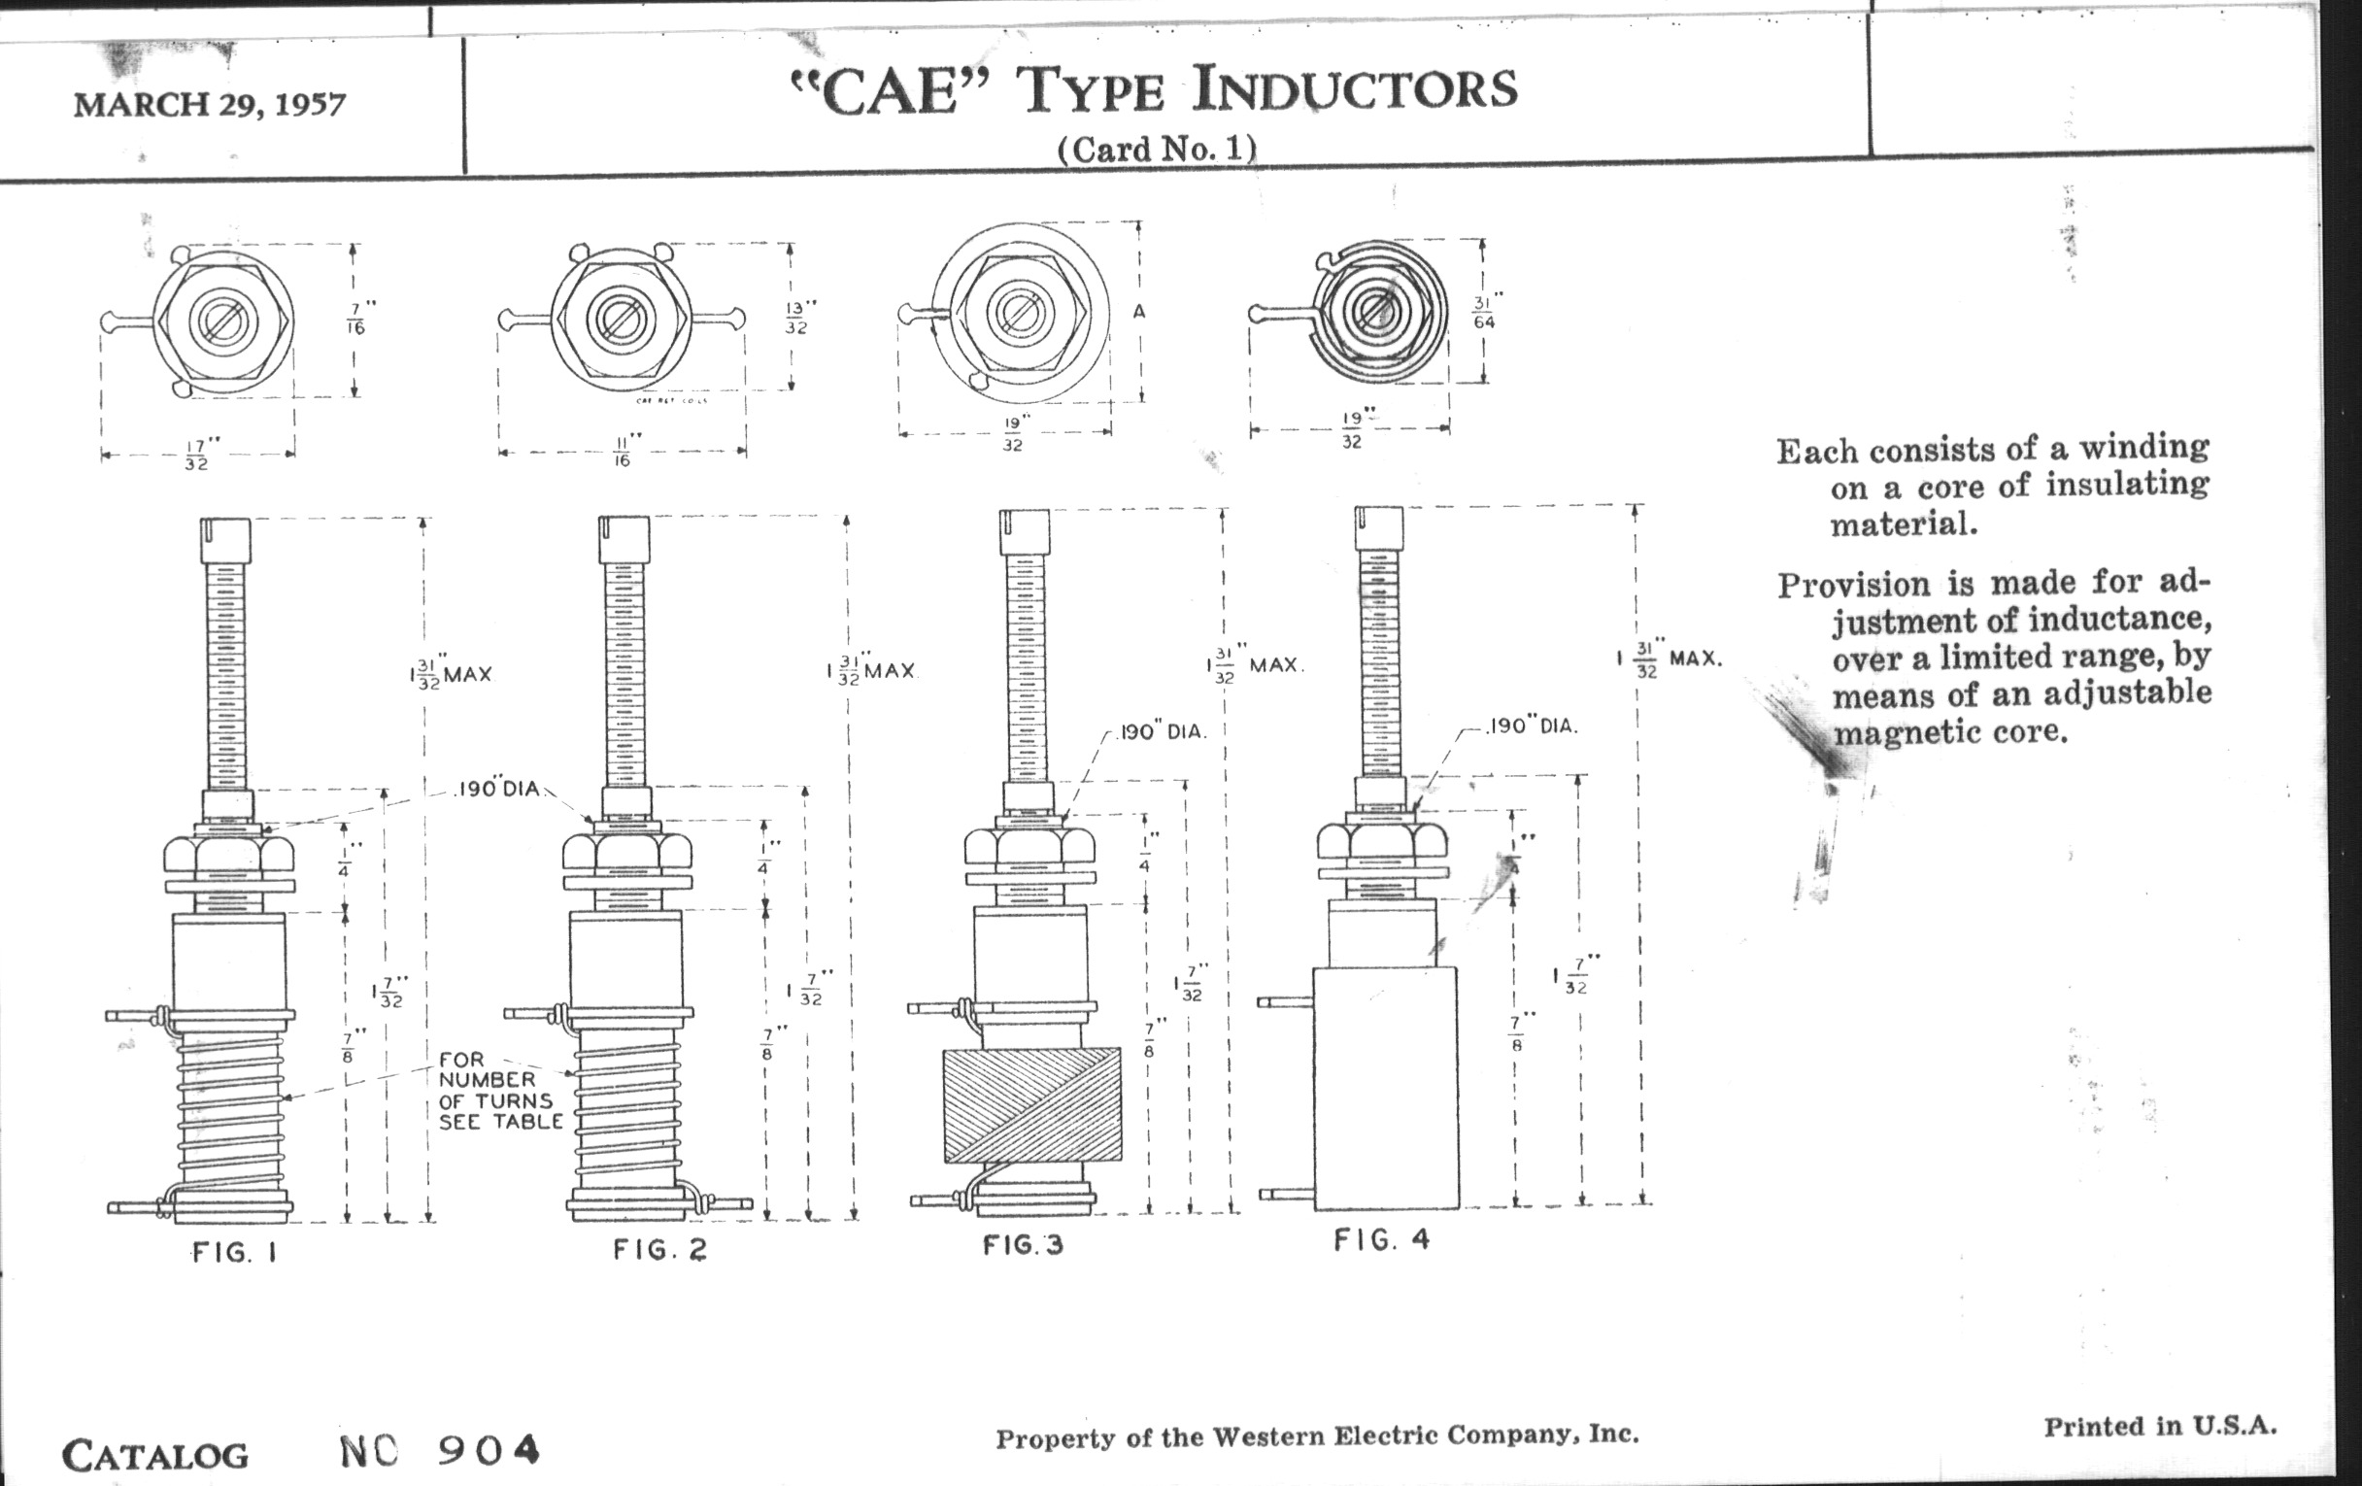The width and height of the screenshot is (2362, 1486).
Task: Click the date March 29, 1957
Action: [209, 104]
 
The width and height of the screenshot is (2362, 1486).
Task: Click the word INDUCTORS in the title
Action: [1355, 90]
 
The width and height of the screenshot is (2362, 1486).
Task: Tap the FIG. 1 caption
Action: [234, 1253]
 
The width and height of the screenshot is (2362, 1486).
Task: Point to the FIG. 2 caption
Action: [659, 1250]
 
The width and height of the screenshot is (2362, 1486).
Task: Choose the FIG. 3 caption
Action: [1023, 1246]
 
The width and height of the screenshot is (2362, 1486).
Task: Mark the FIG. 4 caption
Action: [1381, 1241]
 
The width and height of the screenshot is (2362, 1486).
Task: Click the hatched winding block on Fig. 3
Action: [1031, 1105]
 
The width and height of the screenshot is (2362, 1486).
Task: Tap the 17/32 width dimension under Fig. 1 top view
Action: [197, 456]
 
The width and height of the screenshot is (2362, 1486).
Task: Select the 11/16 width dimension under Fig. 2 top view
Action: [622, 452]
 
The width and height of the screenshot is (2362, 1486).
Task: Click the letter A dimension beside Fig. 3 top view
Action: [1139, 312]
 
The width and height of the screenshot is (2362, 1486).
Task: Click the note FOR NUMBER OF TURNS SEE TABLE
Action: [500, 1091]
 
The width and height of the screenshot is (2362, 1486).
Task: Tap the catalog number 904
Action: [489, 1450]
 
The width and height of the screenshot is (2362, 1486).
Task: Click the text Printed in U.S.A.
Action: [2160, 1426]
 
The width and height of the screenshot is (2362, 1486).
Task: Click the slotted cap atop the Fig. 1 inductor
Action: [224, 539]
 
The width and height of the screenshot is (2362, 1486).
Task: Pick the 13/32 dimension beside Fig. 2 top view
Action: [795, 317]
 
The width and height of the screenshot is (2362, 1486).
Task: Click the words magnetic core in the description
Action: [1950, 731]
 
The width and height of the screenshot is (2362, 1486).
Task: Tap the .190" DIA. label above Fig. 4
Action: [1533, 726]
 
